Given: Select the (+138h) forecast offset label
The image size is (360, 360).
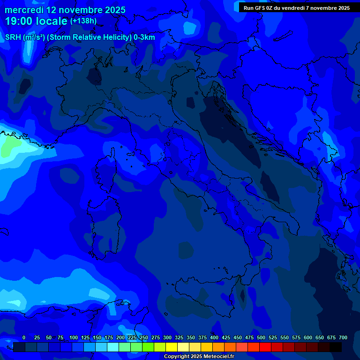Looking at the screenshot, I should point(83,21).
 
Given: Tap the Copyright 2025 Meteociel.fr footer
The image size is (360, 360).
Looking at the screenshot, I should point(199,357).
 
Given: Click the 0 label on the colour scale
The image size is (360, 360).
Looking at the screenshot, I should point(24,337).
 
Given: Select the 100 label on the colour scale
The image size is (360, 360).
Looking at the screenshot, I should point(74,337).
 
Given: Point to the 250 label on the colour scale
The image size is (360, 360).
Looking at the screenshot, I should point(144,337).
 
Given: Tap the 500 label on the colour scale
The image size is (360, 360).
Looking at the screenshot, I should point(261,337).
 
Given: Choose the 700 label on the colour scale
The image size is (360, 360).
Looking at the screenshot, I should point(343,337).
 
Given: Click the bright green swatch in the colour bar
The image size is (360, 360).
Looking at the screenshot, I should point(148,347).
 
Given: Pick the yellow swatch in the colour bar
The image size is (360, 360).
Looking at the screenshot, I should point(172,347).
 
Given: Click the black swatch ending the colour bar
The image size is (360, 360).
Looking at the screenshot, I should point(336,347).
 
